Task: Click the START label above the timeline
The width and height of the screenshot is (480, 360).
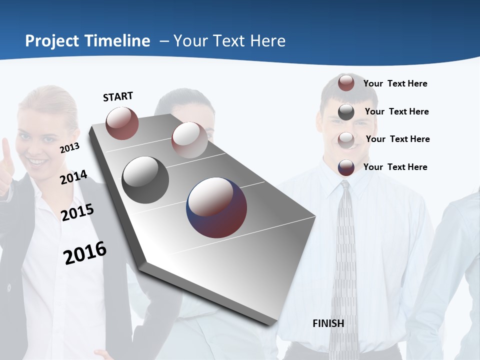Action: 118,96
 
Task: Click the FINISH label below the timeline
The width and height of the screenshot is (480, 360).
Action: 328,323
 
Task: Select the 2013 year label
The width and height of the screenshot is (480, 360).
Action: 69,147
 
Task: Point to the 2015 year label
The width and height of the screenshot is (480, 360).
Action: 77,212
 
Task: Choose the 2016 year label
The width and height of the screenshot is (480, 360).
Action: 85,252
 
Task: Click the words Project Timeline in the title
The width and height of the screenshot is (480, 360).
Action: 87,41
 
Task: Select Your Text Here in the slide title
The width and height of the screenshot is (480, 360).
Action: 229,41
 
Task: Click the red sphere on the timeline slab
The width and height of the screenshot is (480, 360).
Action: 122,123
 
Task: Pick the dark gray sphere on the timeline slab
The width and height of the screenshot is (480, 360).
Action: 145,180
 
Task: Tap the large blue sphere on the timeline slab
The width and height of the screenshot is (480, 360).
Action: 216,208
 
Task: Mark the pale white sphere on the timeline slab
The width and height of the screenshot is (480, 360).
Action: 189,140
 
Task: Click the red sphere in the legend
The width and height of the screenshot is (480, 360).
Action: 346,83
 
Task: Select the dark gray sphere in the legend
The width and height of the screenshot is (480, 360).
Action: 346,112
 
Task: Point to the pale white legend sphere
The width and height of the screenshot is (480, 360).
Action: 346,139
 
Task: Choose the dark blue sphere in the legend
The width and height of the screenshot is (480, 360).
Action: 346,167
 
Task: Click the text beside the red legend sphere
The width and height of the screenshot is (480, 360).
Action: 395,83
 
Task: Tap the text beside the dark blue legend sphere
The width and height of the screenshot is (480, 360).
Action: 395,167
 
